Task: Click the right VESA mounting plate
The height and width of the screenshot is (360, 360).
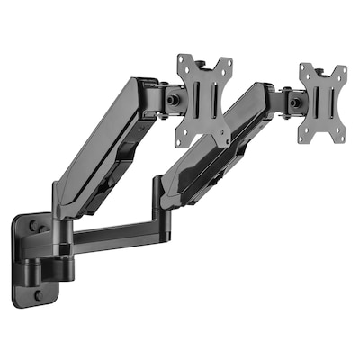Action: (x=321, y=102)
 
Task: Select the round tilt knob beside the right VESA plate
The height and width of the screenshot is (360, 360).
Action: (x=292, y=102)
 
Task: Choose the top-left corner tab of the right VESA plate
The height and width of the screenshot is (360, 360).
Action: (x=304, y=69)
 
